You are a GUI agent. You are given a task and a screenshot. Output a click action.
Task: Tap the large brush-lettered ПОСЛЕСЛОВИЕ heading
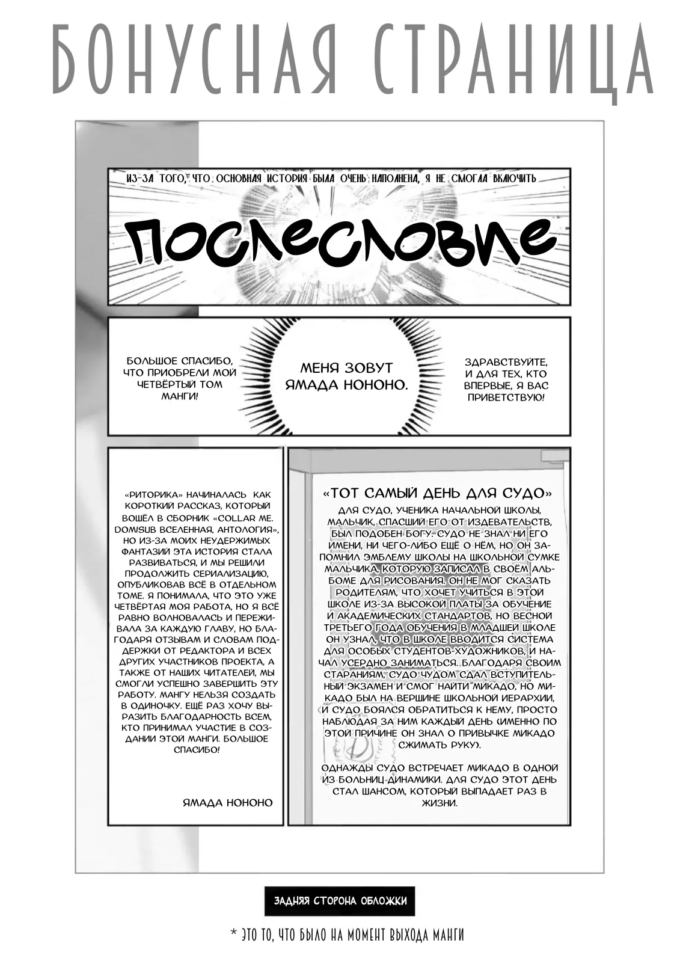click(340, 244)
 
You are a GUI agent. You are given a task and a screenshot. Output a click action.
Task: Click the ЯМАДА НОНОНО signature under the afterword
click(227, 803)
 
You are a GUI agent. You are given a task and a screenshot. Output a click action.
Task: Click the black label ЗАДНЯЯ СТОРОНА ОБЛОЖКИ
click(340, 901)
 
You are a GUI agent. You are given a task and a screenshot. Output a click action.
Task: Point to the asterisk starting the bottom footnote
click(233, 934)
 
